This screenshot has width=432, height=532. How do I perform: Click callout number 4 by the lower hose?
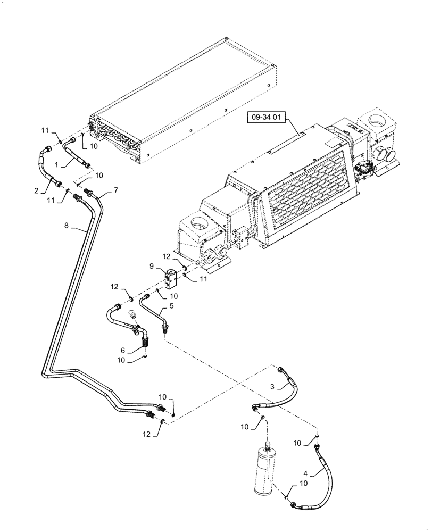[171, 307]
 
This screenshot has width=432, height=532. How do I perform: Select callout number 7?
[67, 226]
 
